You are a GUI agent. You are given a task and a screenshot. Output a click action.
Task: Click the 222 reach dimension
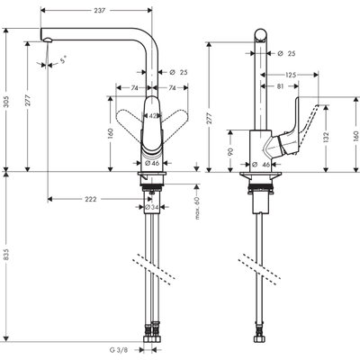[x=92, y=199]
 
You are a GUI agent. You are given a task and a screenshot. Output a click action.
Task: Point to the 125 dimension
[x=292, y=76]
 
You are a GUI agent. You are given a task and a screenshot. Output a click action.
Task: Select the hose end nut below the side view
[x=261, y=341]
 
